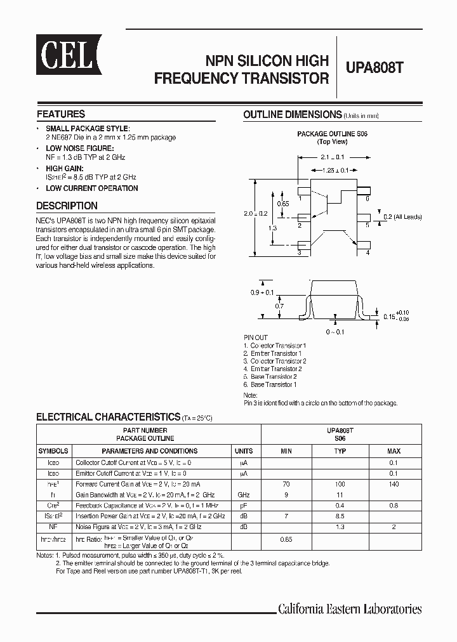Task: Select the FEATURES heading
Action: pyautogui.click(x=61, y=114)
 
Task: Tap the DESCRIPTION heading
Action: pyautogui.click(x=67, y=206)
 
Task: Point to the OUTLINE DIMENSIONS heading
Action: pyautogui.click(x=293, y=115)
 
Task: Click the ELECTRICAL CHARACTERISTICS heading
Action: pyautogui.click(x=108, y=417)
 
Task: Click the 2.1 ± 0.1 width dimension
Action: pyautogui.click(x=332, y=157)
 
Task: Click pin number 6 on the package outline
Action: pyautogui.click(x=368, y=199)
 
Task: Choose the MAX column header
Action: pyautogui.click(x=394, y=451)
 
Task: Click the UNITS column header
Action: pyautogui.click(x=244, y=451)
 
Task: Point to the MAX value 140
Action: pyautogui.click(x=394, y=484)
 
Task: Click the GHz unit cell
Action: pyautogui.click(x=244, y=494)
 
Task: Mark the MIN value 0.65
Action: pyautogui.click(x=286, y=539)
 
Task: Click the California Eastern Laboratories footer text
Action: pyautogui.click(x=350, y=609)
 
